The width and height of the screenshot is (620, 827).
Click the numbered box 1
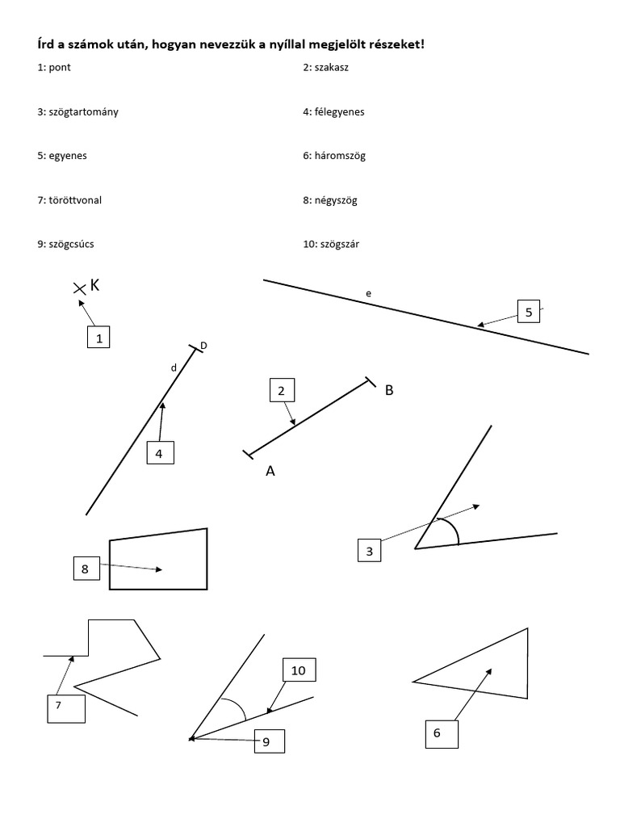98,337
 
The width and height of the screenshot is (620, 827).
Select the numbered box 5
529,312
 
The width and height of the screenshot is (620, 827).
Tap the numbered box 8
85,569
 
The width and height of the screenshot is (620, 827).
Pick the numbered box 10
299,670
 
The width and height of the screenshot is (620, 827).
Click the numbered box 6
441,733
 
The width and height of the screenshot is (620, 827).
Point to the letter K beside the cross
95,285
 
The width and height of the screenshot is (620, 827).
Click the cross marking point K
79,288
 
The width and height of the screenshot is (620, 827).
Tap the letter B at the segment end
389,390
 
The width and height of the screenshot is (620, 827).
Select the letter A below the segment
270,472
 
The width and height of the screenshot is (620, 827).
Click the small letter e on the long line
368,294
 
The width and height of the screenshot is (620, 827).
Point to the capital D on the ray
203,346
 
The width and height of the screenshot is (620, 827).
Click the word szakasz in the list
333,68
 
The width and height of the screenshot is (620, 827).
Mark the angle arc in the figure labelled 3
453,528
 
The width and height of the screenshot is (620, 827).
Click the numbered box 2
281,392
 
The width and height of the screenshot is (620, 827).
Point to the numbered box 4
160,454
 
